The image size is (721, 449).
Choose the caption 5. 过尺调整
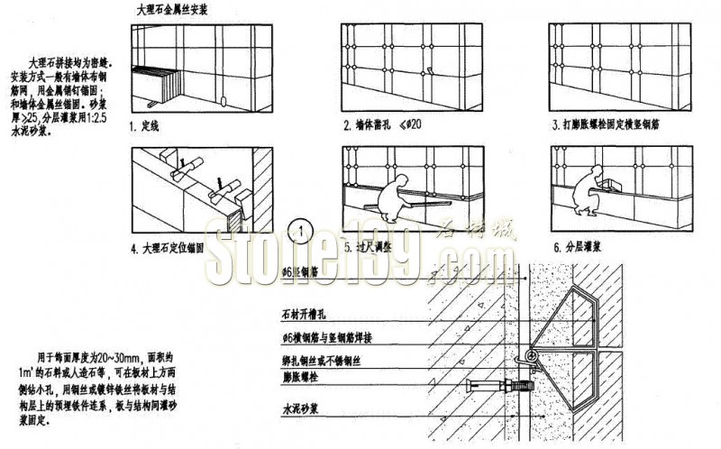pos(373,244)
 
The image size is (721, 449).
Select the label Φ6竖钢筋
pos(301,270)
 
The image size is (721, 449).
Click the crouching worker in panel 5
pos(393,199)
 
